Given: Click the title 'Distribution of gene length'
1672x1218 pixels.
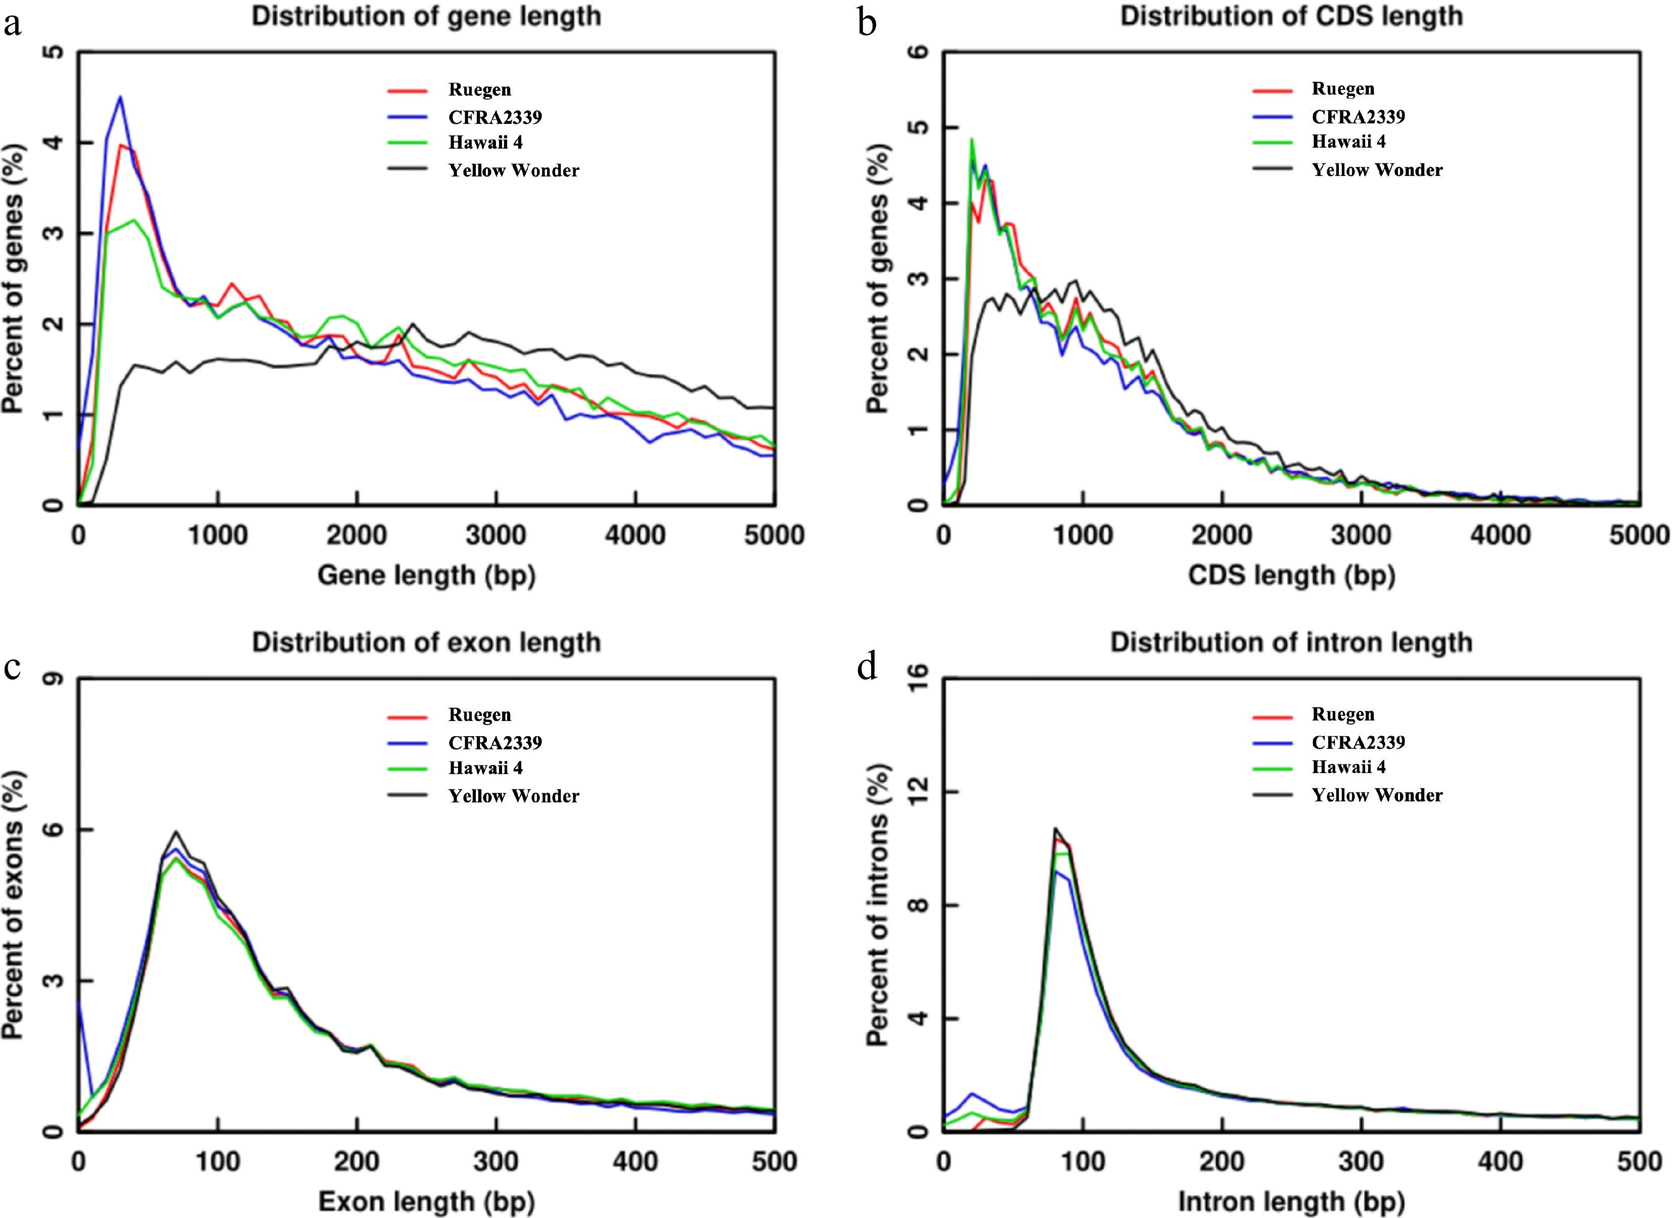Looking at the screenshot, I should point(426,16).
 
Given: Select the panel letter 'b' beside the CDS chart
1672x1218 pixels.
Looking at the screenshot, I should point(868,24).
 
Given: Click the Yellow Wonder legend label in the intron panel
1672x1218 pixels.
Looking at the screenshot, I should point(1376,795).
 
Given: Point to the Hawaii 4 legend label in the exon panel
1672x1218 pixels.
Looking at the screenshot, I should point(485,768).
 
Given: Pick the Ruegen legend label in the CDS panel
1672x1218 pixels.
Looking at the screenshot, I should point(1342,89).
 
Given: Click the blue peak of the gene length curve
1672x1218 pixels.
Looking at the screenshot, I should point(120,97).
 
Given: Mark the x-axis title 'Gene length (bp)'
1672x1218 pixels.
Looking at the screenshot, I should point(426,575).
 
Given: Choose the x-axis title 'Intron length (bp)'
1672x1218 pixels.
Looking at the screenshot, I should point(1291,1202).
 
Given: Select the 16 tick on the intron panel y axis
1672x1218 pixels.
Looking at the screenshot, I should point(919,679).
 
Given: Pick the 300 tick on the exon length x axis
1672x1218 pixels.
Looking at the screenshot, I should point(496,1162).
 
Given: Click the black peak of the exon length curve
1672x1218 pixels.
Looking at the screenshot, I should point(175,832).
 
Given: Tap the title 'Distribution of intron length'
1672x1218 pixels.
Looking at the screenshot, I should point(1291,643).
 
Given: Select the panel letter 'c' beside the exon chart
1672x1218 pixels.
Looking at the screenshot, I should point(12,667).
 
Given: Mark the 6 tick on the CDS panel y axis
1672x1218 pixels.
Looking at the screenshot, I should point(919,53).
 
